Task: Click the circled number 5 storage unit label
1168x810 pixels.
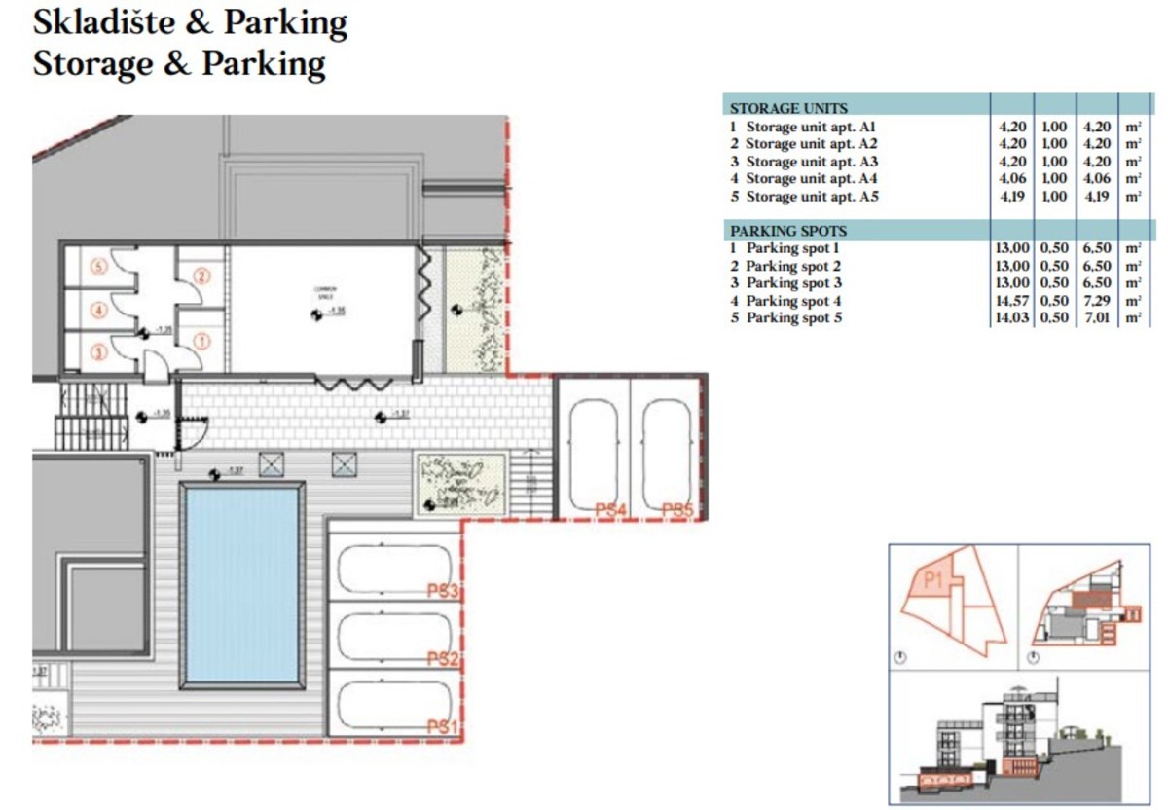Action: tap(97, 264)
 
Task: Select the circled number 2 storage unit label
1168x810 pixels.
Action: tap(201, 276)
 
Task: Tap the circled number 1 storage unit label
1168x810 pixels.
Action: tap(201, 340)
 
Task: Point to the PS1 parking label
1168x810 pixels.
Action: tap(442, 726)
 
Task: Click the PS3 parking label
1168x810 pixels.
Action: tap(442, 591)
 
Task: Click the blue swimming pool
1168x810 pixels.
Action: tap(241, 584)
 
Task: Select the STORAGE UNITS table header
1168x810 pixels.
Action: tap(788, 108)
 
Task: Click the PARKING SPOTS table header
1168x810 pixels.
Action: tap(788, 232)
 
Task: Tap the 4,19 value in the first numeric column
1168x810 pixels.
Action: tap(1009, 197)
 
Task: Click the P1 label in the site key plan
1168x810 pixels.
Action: tap(933, 581)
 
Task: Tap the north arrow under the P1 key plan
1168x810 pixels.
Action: tap(900, 657)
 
